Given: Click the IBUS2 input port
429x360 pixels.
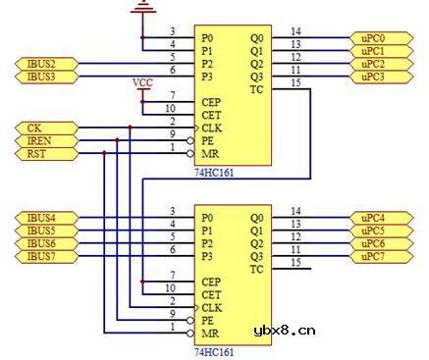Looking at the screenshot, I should click(x=40, y=64).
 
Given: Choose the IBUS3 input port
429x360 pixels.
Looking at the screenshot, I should click(x=40, y=77).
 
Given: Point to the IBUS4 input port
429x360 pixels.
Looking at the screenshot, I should click(x=40, y=218).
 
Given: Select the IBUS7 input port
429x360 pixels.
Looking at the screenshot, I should click(x=40, y=256).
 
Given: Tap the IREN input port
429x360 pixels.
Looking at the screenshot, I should click(x=40, y=141).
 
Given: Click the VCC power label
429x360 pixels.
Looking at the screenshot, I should click(x=143, y=83).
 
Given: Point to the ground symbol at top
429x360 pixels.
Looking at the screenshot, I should click(x=143, y=8).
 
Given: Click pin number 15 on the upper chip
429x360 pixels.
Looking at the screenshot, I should click(x=296, y=83).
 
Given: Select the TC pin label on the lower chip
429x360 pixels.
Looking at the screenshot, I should click(x=257, y=270).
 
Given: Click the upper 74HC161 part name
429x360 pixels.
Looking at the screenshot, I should click(x=213, y=172).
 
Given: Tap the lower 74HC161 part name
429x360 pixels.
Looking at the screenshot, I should click(x=213, y=351).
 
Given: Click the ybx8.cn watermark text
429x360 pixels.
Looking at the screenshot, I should click(x=284, y=331).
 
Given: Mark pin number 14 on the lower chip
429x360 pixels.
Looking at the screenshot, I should click(x=296, y=212).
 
